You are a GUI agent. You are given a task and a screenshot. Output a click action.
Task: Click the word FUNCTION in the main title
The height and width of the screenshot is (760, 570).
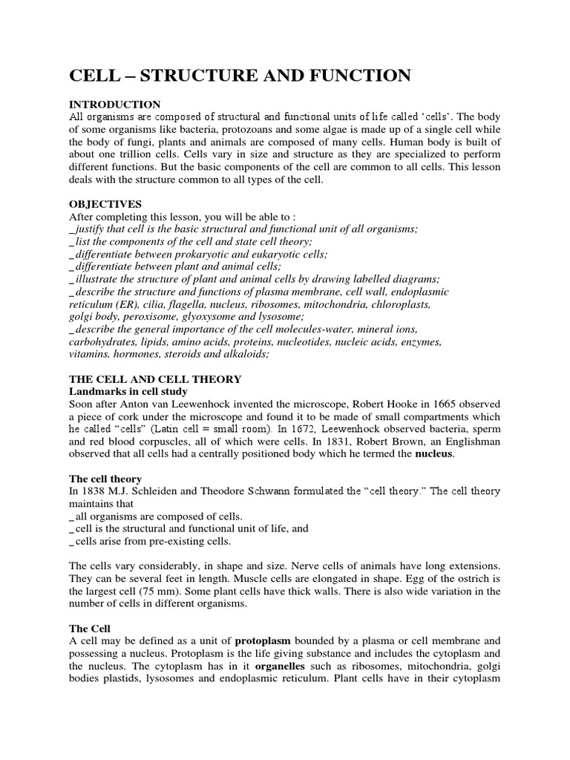point(358,75)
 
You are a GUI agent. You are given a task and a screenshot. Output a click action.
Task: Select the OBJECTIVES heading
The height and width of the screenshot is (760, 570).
point(105,204)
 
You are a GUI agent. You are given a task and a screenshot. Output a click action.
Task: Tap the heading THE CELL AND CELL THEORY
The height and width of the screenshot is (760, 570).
point(155,379)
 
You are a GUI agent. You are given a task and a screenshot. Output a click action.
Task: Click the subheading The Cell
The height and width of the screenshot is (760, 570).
point(90,628)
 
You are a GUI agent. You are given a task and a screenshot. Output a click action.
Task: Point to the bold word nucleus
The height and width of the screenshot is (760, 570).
point(433,454)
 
